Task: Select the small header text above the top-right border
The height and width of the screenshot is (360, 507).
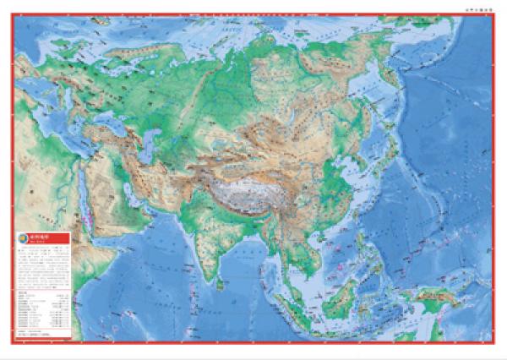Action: [477, 8]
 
